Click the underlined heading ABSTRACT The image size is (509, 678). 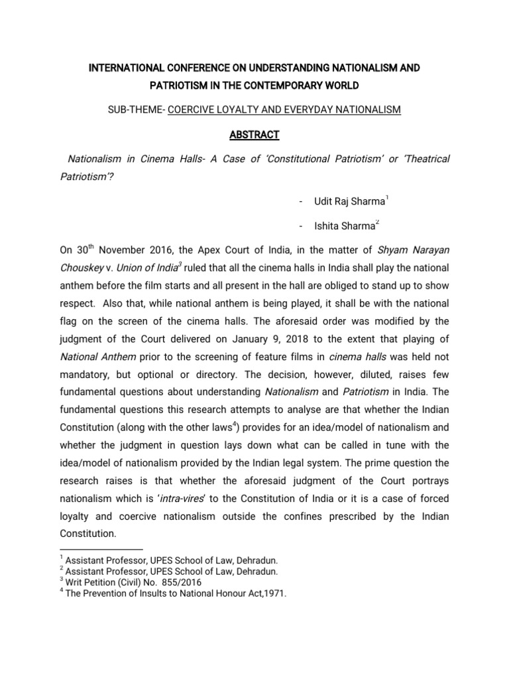pyautogui.click(x=254, y=134)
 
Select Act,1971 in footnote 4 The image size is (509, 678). pyautogui.click(x=262, y=593)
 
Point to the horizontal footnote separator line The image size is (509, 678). pyautogui.click(x=101, y=549)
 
